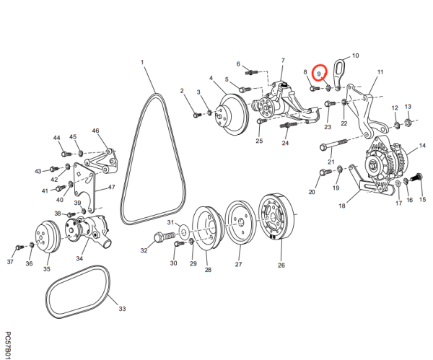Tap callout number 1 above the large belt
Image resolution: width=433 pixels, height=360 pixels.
click(x=143, y=63)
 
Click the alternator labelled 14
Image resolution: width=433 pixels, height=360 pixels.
click(x=380, y=167)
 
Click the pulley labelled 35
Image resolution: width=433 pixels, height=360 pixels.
click(x=48, y=237)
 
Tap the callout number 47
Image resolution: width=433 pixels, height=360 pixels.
click(x=112, y=187)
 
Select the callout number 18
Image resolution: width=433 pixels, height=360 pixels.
click(x=342, y=206)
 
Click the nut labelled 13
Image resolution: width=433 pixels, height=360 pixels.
click(x=407, y=122)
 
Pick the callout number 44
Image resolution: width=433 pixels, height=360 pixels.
click(x=56, y=138)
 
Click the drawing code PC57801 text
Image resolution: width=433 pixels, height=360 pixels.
click(x=7, y=345)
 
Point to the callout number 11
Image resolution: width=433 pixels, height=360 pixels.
click(x=380, y=72)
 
